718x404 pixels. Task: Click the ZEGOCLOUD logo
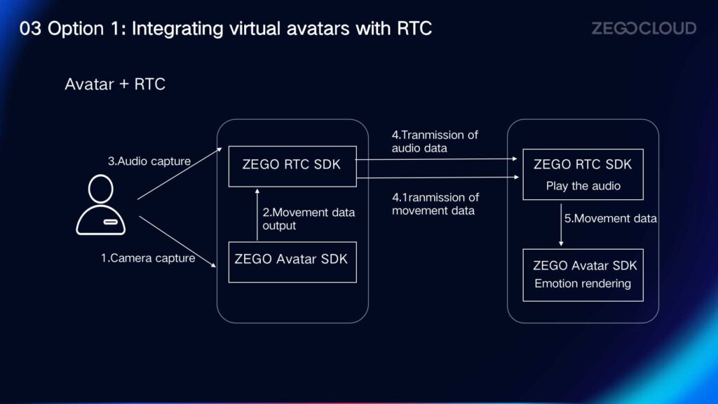(x=644, y=28)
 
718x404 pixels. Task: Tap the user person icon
(x=101, y=204)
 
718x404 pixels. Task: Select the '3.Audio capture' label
(x=149, y=161)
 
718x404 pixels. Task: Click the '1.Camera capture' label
(x=148, y=258)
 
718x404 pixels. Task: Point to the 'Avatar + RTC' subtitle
(x=115, y=84)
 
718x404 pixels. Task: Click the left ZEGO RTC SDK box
(x=292, y=166)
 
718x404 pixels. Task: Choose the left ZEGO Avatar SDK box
(x=292, y=262)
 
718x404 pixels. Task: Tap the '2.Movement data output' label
(x=309, y=219)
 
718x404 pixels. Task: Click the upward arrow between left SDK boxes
(x=257, y=215)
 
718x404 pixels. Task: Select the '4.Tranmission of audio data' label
(x=435, y=142)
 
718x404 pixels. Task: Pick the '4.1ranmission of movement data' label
(x=435, y=204)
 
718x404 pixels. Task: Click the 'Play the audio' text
(x=583, y=186)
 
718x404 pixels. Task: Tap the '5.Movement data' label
(x=611, y=219)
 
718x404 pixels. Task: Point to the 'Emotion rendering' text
(x=583, y=283)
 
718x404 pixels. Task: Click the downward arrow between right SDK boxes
(x=562, y=225)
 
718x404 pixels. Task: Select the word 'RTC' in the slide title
(x=414, y=28)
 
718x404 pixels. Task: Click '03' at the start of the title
(x=30, y=28)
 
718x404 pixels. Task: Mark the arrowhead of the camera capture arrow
(x=214, y=265)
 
